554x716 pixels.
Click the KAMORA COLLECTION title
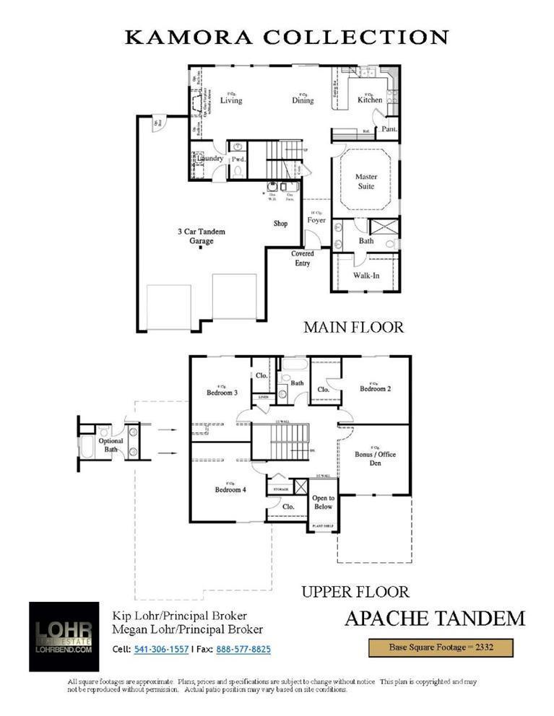pyautogui.click(x=287, y=38)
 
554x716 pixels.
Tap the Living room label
pyautogui.click(x=231, y=100)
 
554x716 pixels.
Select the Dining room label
pyautogui.click(x=303, y=100)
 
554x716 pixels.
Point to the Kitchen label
pyautogui.click(x=370, y=100)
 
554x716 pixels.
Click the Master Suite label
pyautogui.click(x=366, y=181)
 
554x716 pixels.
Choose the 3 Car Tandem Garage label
pyautogui.click(x=202, y=236)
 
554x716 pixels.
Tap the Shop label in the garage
pyautogui.click(x=280, y=224)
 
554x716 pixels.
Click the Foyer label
pyautogui.click(x=316, y=220)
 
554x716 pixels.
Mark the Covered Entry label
pyautogui.click(x=302, y=258)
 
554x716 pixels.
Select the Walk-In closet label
pyautogui.click(x=366, y=275)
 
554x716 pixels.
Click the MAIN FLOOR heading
pyautogui.click(x=353, y=327)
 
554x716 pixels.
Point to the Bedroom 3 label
pyautogui.click(x=222, y=393)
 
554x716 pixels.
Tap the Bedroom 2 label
pyautogui.click(x=375, y=388)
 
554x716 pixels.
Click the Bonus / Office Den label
pyautogui.click(x=375, y=458)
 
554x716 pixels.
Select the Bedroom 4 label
pyautogui.click(x=230, y=489)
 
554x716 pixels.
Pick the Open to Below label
pyautogui.click(x=323, y=502)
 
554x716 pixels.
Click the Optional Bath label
pyautogui.click(x=111, y=445)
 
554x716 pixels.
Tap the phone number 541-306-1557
pyautogui.click(x=161, y=650)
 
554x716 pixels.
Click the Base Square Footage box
pyautogui.click(x=441, y=647)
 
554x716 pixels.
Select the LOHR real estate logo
pyautogui.click(x=65, y=636)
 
